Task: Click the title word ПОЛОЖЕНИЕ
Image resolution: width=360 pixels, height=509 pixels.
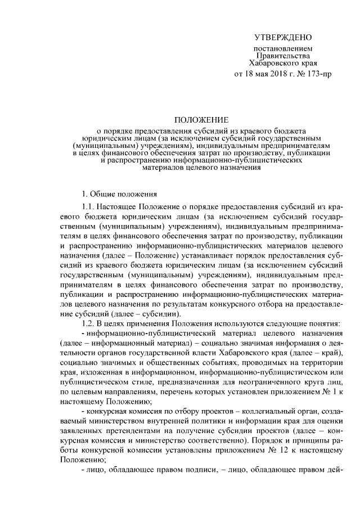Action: coord(201,120)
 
